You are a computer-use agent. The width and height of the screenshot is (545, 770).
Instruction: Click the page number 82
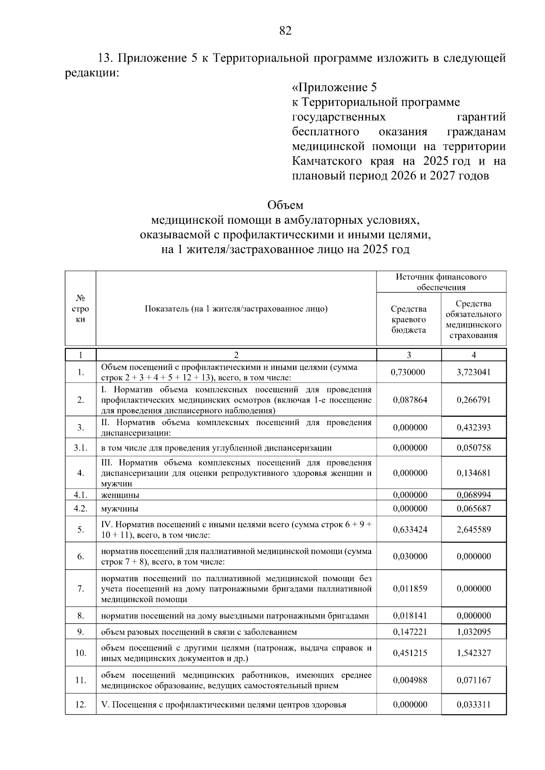(x=285, y=31)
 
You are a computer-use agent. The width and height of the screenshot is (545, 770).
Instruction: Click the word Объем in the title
(x=285, y=205)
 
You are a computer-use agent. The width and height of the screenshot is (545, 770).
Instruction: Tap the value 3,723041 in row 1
(x=474, y=373)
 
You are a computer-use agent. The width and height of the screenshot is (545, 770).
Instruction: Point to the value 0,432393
(x=474, y=427)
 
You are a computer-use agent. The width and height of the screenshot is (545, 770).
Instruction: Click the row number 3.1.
(x=80, y=448)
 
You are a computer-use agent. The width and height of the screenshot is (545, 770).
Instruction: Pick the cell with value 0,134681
(x=474, y=473)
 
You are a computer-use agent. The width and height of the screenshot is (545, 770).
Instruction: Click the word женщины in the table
(x=120, y=495)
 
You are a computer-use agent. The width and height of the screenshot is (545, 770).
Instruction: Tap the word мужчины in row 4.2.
(x=119, y=509)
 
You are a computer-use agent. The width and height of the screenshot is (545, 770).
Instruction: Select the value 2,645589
(x=474, y=530)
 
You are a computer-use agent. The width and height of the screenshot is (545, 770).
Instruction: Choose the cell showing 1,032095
(x=474, y=632)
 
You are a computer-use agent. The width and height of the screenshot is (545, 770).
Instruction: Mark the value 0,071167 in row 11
(x=474, y=680)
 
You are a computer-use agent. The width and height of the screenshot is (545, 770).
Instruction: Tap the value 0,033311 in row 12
(x=474, y=705)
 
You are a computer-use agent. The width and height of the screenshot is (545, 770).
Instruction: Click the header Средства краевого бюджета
(x=409, y=319)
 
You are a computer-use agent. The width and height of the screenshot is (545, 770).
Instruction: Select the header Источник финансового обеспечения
(x=441, y=282)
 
